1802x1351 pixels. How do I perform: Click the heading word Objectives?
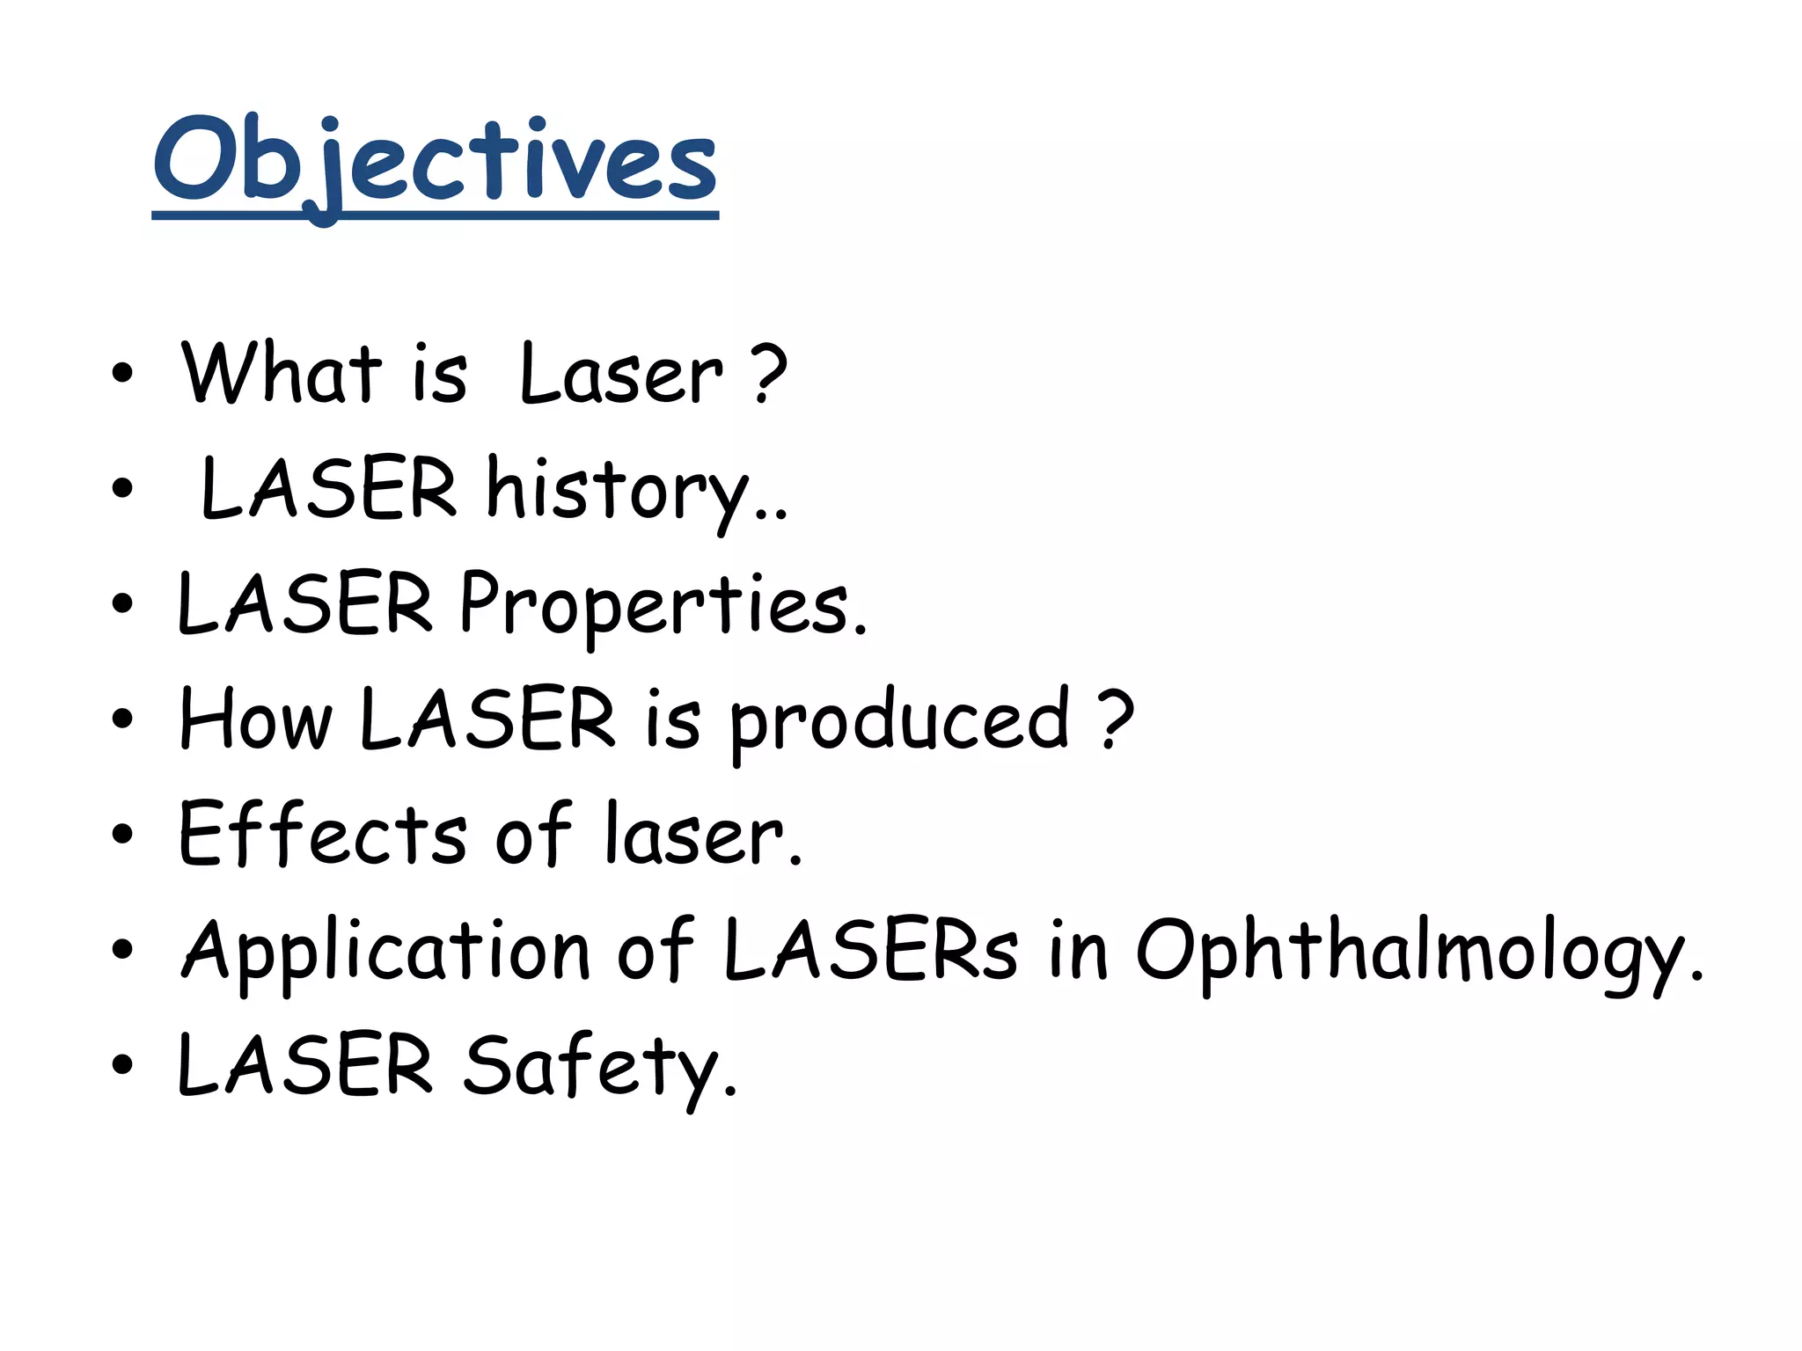(x=435, y=163)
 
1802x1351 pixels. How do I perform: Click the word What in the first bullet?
(x=281, y=373)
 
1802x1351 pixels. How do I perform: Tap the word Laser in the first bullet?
(x=621, y=375)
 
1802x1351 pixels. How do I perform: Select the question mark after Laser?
(x=769, y=375)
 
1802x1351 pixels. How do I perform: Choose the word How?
(x=255, y=719)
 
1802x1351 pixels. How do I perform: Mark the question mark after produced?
(x=1117, y=719)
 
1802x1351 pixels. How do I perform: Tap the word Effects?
(x=322, y=834)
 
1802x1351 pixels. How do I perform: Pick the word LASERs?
(x=870, y=950)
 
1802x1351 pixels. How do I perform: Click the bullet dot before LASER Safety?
(x=122, y=1065)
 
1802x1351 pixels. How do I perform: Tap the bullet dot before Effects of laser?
(x=122, y=835)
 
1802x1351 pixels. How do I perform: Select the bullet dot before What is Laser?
(x=122, y=373)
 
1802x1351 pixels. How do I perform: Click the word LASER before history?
(x=329, y=489)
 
